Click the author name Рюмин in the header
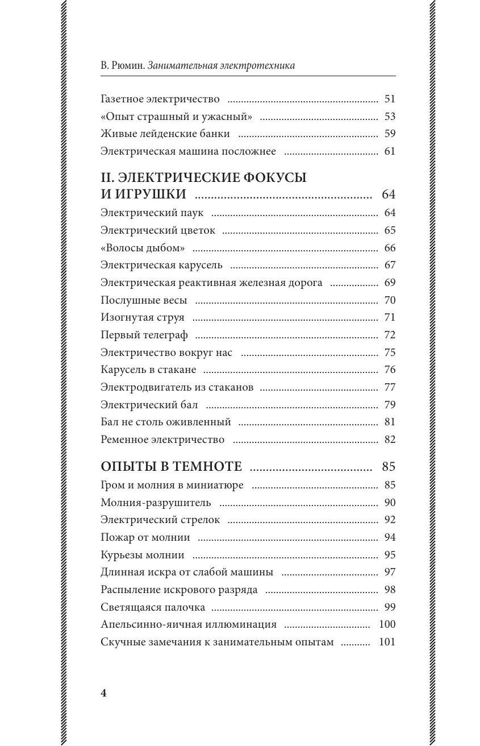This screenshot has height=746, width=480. (127, 65)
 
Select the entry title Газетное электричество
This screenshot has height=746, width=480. (160, 99)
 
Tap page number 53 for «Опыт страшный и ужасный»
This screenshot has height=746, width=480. (389, 117)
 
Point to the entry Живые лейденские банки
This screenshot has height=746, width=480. (165, 134)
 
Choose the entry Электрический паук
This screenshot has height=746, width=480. (152, 213)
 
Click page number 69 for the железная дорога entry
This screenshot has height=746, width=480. (389, 283)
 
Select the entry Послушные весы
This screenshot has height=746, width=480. (144, 300)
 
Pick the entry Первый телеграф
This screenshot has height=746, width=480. (144, 335)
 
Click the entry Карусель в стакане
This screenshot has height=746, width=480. (148, 370)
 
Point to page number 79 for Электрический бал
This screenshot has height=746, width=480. (389, 405)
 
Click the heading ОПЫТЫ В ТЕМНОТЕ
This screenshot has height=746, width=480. (171, 467)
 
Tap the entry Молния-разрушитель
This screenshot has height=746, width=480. (156, 503)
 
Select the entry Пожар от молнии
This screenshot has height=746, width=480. (145, 537)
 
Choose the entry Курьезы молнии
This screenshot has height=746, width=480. (142, 555)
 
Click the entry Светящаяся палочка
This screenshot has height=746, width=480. (153, 607)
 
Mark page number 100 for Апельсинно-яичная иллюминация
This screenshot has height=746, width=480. (387, 624)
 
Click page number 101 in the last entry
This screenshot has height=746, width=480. (387, 643)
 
